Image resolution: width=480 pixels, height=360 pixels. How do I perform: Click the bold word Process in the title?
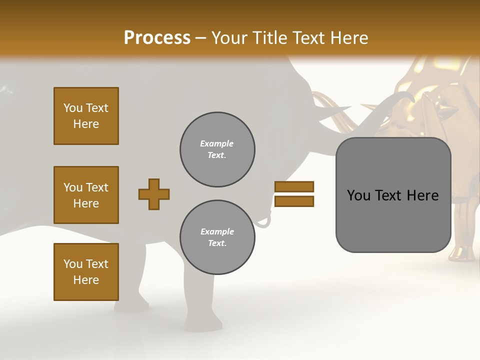157,38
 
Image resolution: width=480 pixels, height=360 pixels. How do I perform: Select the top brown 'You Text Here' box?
86,116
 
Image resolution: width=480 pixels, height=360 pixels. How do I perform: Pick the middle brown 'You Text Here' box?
86,195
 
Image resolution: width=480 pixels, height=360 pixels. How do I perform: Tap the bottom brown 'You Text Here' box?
86,272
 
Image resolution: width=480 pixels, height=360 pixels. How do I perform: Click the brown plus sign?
154,194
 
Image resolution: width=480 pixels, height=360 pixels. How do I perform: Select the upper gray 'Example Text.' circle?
217,149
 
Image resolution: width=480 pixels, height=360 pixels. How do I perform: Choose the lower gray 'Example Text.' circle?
217,237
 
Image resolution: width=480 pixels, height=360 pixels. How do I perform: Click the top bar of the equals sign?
294,186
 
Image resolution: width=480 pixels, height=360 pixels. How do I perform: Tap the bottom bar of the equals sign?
294,201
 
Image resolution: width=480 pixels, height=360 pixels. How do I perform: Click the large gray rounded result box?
393,225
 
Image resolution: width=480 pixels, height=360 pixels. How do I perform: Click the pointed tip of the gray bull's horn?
349,107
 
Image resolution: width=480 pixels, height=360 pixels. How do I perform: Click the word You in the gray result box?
358,195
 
